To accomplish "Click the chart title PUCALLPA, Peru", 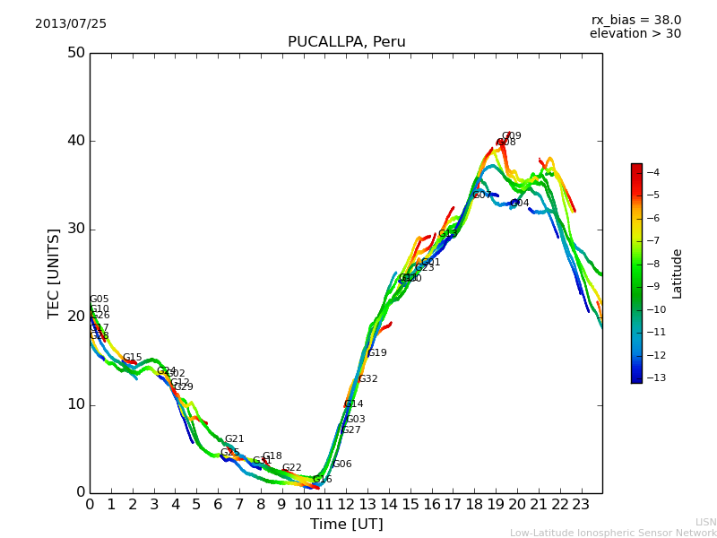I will tap(346, 42).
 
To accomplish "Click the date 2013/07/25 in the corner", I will tap(71, 23).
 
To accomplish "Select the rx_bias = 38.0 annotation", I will tap(635, 20).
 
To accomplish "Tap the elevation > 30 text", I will tap(635, 34).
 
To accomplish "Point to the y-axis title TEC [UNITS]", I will tap(54, 273).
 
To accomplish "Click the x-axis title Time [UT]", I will tap(346, 524).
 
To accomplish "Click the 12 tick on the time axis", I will tap(346, 505).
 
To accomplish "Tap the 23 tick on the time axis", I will tap(581, 505).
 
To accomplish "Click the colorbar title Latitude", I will tap(678, 273).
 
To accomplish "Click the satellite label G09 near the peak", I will tap(512, 136).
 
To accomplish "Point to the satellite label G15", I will tap(133, 358).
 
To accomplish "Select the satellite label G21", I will tap(235, 439).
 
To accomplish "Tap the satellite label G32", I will tap(368, 379).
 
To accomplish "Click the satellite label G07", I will tap(482, 195).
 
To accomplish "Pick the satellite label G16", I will tap(323, 480).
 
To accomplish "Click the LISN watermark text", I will tap(705, 522).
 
